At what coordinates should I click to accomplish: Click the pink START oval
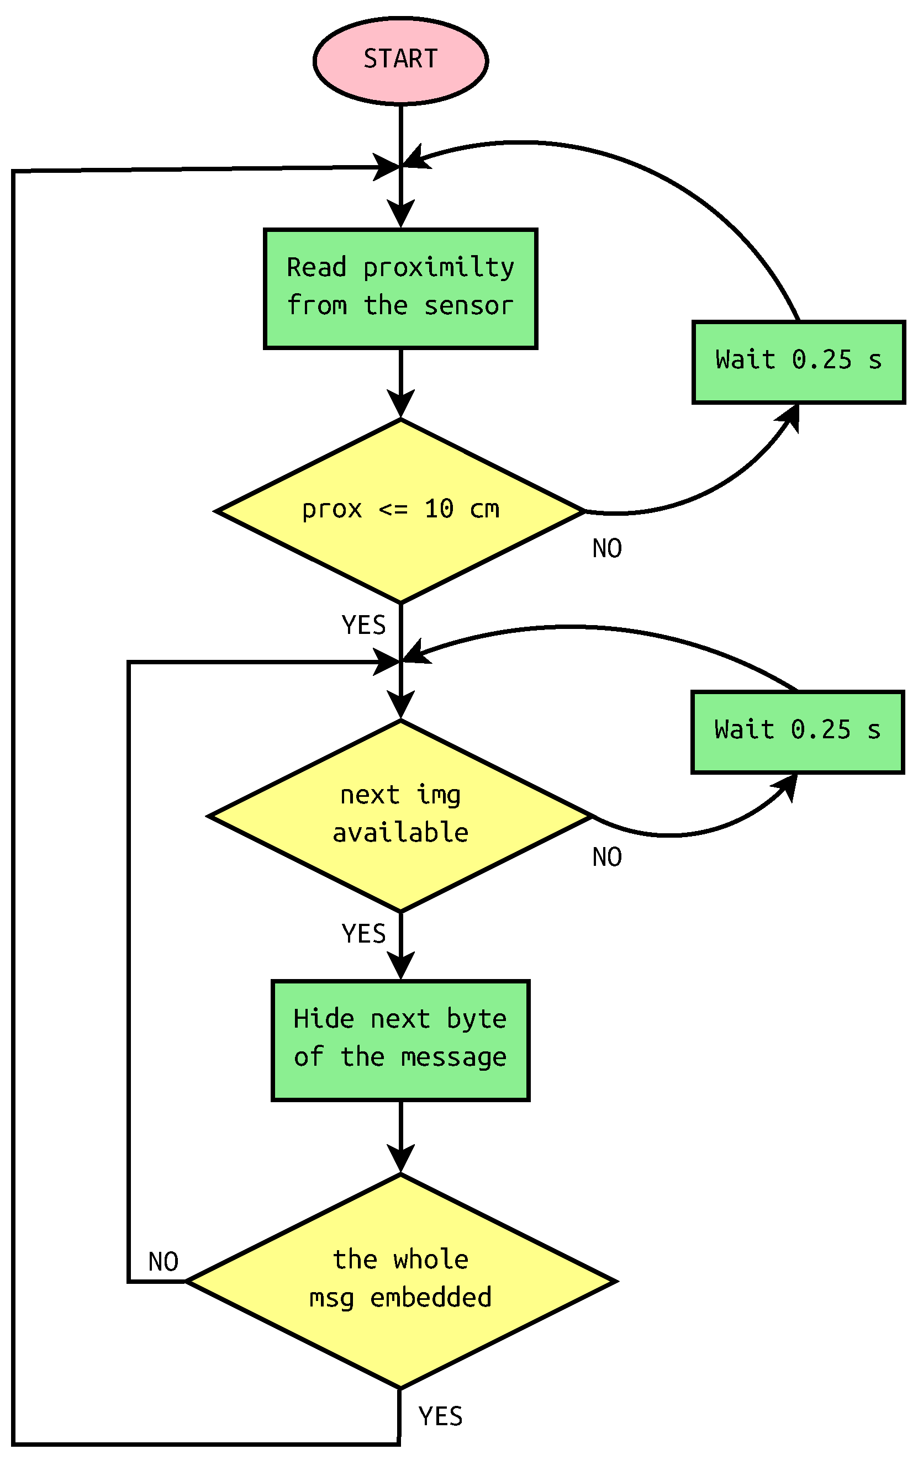pos(400,61)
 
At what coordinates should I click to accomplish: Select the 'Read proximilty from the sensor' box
pos(400,289)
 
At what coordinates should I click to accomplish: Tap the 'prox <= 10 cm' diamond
pos(400,511)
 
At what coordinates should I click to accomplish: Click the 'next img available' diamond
pos(400,816)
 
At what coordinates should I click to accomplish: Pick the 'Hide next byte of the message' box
pos(400,1040)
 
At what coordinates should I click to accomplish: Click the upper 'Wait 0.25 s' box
pos(798,362)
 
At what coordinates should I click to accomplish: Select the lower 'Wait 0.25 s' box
pos(796,732)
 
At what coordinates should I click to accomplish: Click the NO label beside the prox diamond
pos(606,548)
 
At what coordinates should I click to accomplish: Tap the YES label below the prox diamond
pos(363,625)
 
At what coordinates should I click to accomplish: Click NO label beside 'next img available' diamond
pos(606,856)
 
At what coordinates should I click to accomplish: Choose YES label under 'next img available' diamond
pos(363,933)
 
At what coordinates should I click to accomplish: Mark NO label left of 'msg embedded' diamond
pos(163,1262)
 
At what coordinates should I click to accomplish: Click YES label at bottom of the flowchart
pos(440,1416)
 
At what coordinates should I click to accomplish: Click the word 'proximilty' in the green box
pos(439,268)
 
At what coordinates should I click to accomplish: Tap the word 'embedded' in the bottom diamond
pos(430,1298)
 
